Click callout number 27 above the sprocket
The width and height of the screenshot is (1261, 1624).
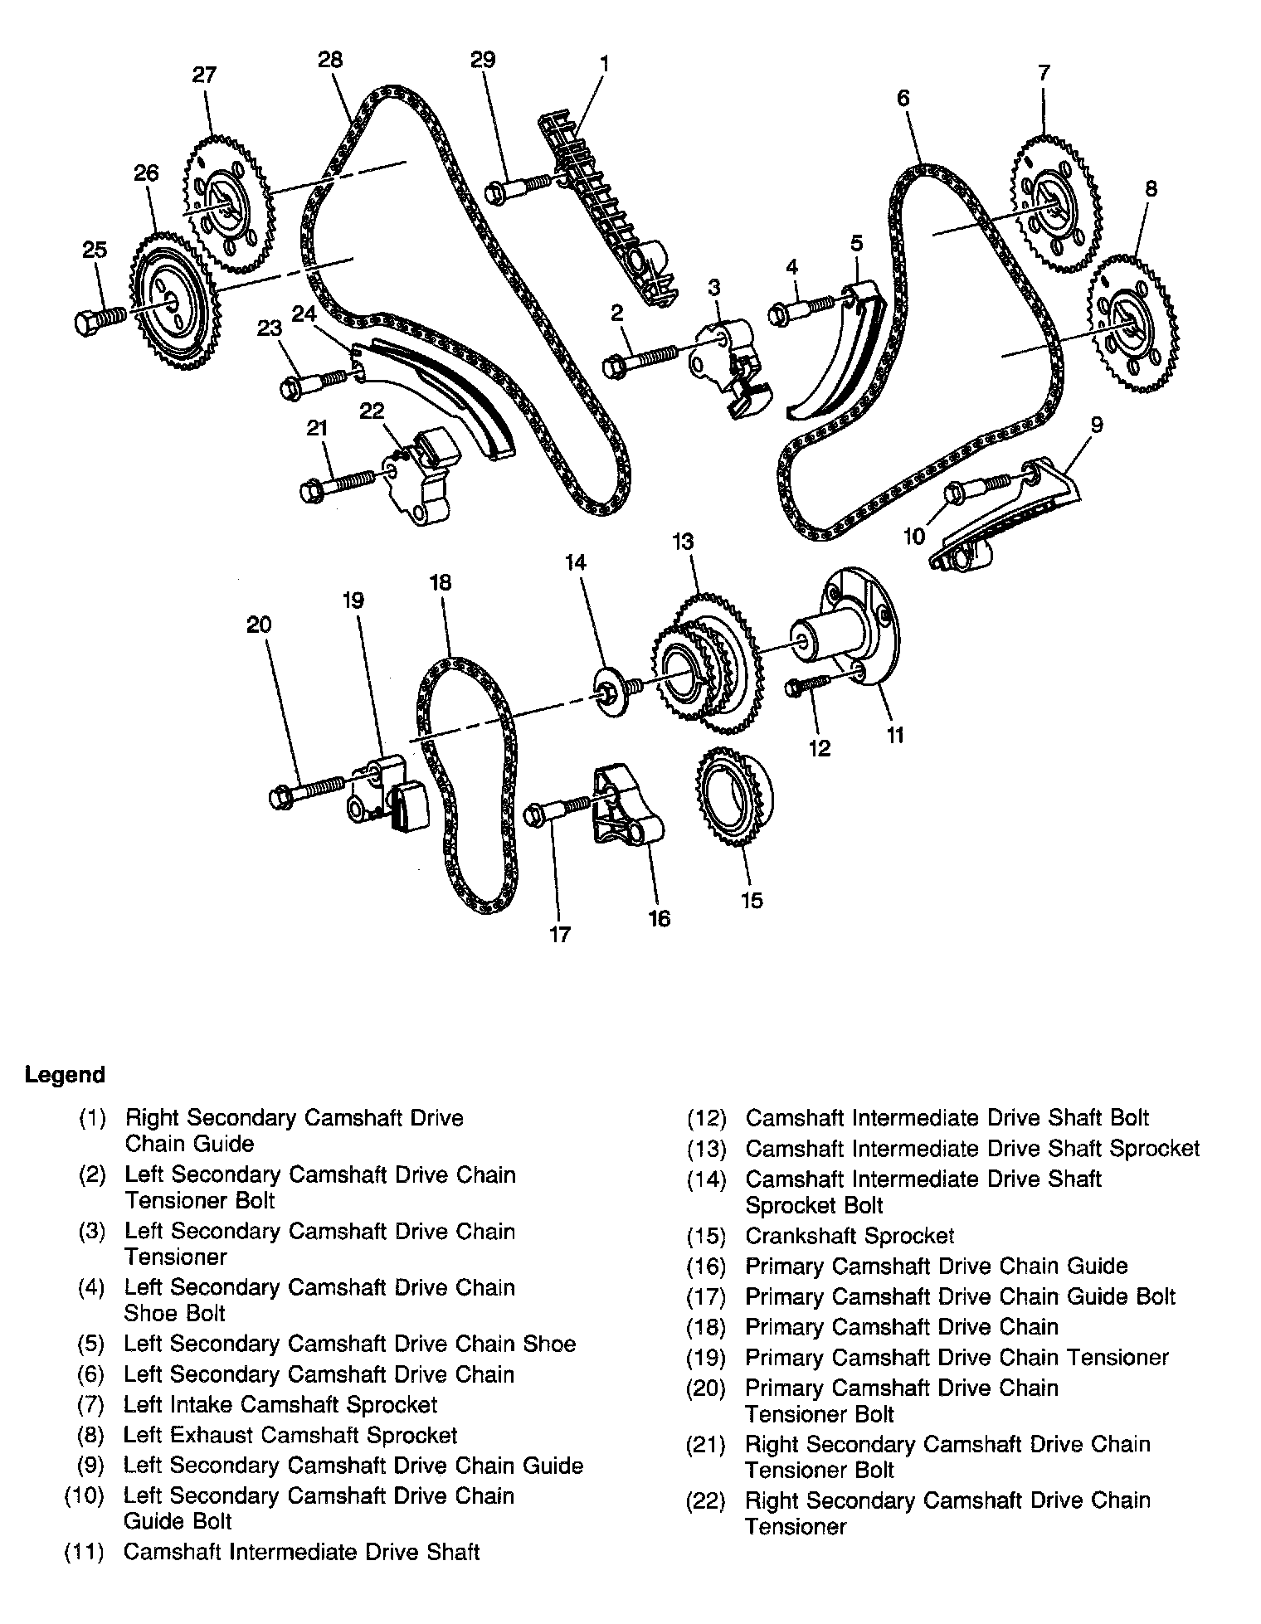(x=204, y=75)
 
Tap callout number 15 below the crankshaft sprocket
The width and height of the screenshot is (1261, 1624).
(x=752, y=900)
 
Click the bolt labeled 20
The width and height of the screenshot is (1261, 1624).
(x=306, y=790)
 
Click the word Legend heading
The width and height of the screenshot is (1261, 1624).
(x=65, y=1075)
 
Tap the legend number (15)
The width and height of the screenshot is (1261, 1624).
(x=706, y=1236)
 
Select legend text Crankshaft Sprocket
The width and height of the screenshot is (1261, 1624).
(x=850, y=1236)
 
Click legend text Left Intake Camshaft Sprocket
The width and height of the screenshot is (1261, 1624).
(x=280, y=1404)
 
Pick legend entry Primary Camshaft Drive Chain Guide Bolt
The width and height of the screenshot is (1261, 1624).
(x=960, y=1296)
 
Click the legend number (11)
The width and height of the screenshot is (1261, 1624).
(x=85, y=1552)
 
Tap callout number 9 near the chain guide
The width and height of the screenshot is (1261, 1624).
(x=1096, y=425)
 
